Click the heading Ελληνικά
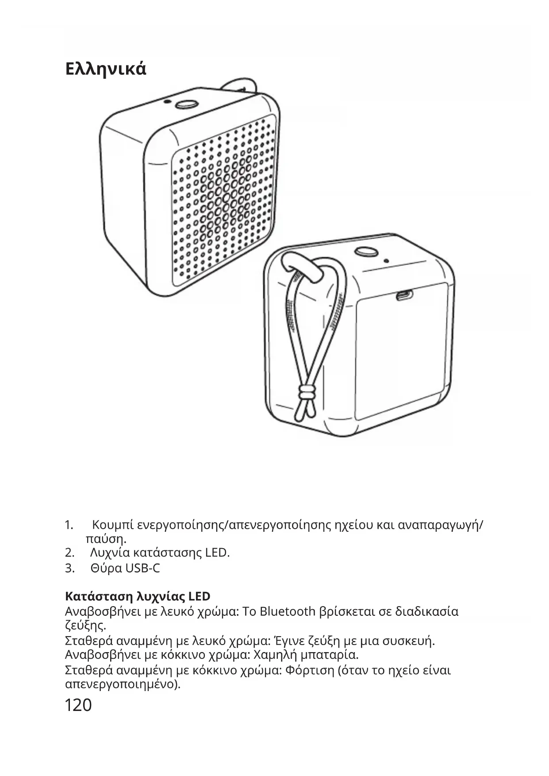point(105,69)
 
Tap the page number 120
point(78,705)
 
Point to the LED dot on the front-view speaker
point(166,101)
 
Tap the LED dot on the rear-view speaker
point(386,261)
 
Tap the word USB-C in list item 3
point(142,568)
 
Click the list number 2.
point(69,553)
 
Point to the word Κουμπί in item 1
point(113,525)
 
